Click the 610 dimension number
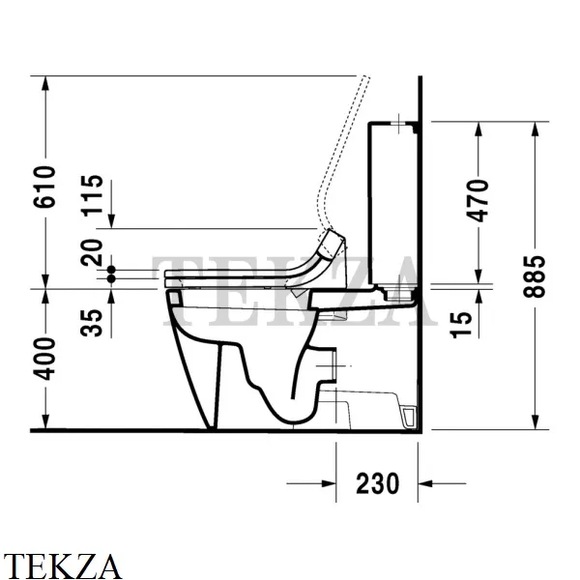click(x=44, y=187)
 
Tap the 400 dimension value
click(x=44, y=359)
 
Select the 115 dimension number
click(x=92, y=195)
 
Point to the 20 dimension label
click(x=92, y=252)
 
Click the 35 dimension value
click(x=92, y=323)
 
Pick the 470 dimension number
click(x=478, y=200)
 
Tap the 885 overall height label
click(x=535, y=276)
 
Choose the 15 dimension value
click(x=461, y=325)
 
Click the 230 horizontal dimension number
click(x=378, y=483)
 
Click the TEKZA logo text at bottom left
click(x=62, y=565)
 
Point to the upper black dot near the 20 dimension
click(x=111, y=270)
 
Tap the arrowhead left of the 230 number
click(x=328, y=483)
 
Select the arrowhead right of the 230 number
click(x=425, y=483)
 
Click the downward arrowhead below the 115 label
click(x=111, y=220)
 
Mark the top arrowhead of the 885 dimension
click(x=535, y=130)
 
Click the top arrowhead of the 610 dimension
click(x=45, y=83)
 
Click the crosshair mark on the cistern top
click(x=399, y=123)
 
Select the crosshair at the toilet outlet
click(x=334, y=365)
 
